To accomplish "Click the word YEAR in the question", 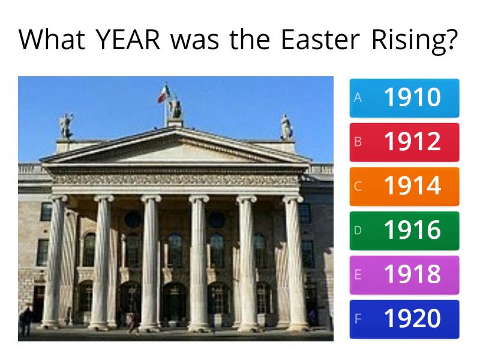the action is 128,40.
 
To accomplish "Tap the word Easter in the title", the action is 320,40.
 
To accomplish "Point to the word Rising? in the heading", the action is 414,41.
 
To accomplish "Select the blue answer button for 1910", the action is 404,98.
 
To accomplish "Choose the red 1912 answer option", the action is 404,142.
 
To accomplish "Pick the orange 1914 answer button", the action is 404,187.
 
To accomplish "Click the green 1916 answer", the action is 404,231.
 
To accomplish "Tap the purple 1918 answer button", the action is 404,275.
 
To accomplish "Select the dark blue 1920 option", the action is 404,319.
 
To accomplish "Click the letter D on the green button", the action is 358,230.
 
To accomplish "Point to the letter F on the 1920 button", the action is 358,319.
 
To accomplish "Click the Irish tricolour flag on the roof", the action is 163,94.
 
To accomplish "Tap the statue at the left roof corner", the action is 66,126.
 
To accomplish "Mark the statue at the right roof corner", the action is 286,127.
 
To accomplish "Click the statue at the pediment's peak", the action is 176,107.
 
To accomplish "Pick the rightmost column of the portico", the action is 295,263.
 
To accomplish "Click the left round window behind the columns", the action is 133,220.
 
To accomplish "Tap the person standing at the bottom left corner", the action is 26,321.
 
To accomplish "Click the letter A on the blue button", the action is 358,98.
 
